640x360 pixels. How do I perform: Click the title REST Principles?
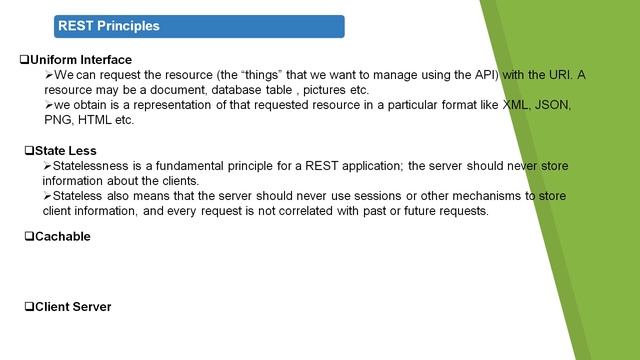tap(109, 26)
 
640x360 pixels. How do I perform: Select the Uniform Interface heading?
tap(81, 60)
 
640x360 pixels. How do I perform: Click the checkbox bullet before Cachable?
tap(28, 236)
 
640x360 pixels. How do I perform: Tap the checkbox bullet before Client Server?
tap(28, 306)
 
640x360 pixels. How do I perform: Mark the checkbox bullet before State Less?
tap(28, 150)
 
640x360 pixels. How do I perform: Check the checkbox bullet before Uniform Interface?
tap(25, 60)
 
